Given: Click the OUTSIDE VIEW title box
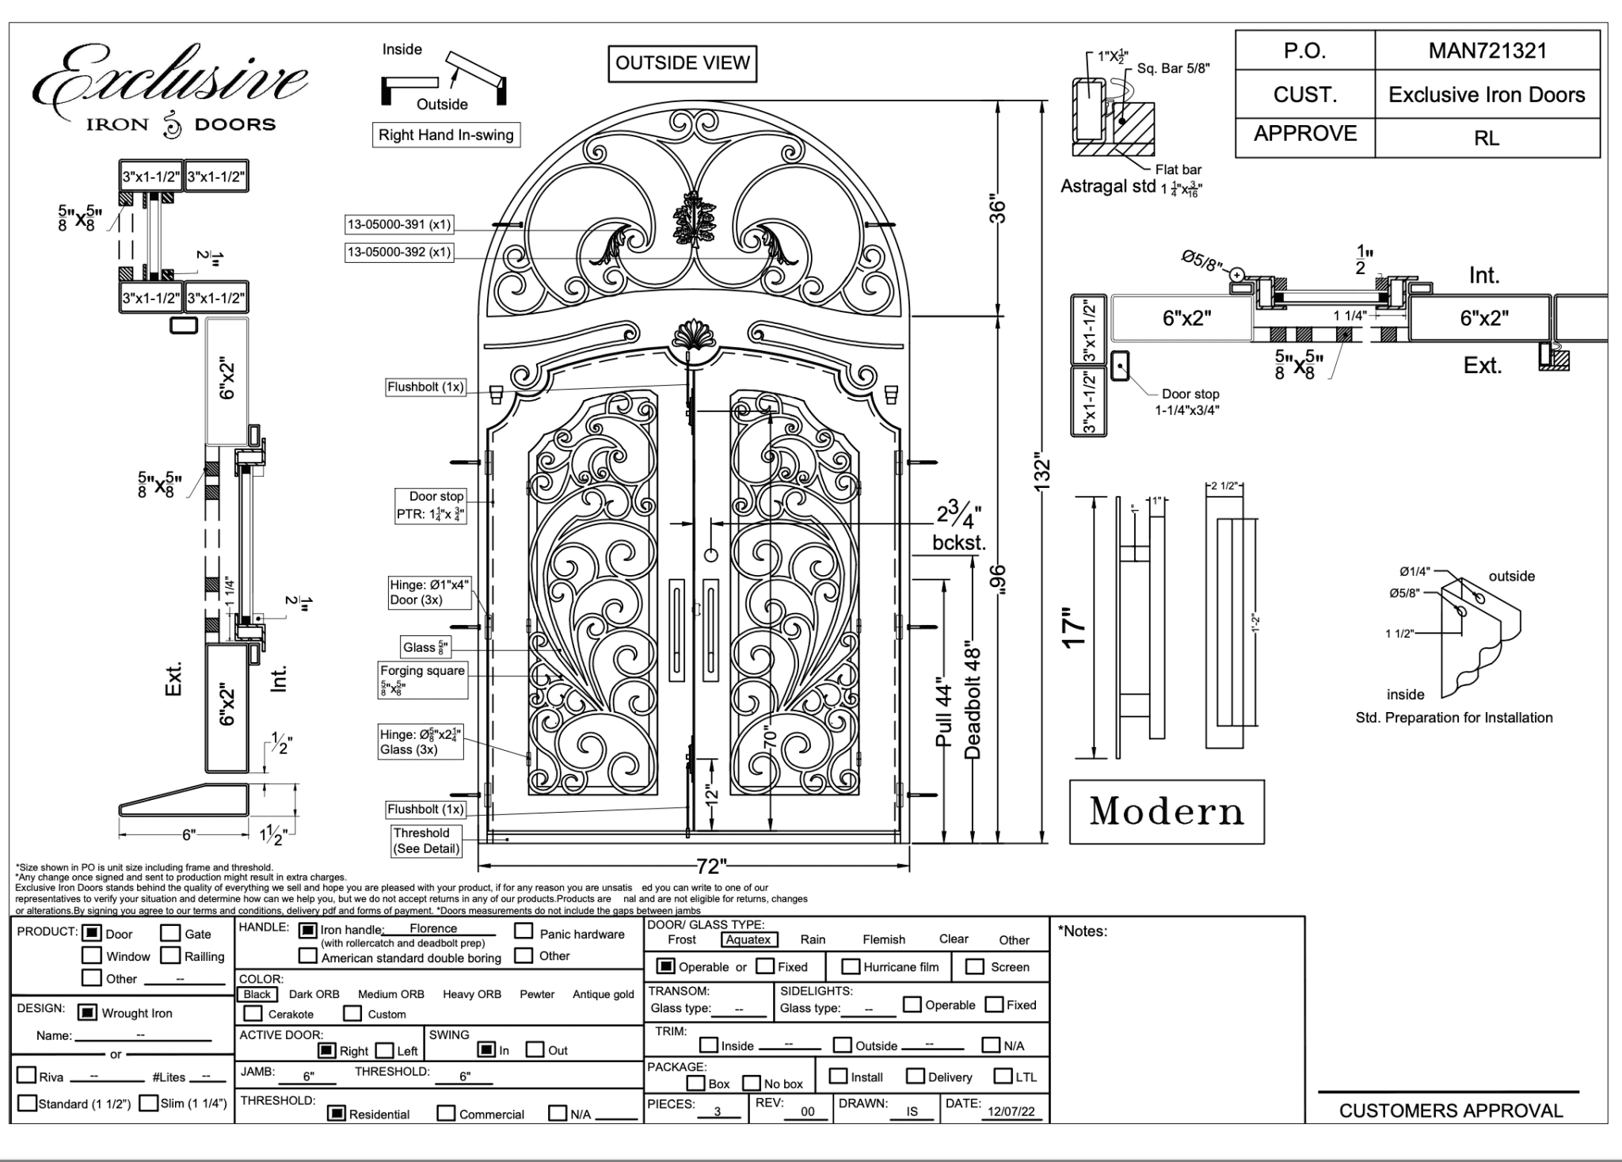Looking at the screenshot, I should (682, 63).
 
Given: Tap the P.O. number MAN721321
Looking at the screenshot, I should (1487, 51).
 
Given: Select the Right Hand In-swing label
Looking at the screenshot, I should (446, 135).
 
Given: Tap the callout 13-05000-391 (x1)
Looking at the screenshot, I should (398, 224).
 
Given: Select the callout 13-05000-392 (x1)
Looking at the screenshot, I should (398, 253).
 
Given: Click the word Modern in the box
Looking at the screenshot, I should (1167, 812).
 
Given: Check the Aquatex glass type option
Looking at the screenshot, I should (748, 939).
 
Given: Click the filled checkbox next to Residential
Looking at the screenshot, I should (337, 1114).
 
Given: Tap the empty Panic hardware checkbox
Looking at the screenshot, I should (524, 932).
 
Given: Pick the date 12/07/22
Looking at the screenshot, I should (1011, 1111).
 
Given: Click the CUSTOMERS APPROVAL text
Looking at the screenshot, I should (1451, 1111).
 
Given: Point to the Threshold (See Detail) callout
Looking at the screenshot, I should (426, 840).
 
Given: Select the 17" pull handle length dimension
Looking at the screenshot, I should (1074, 628).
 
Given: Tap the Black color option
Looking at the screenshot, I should (257, 994).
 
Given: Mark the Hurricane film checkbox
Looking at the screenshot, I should (851, 966).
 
